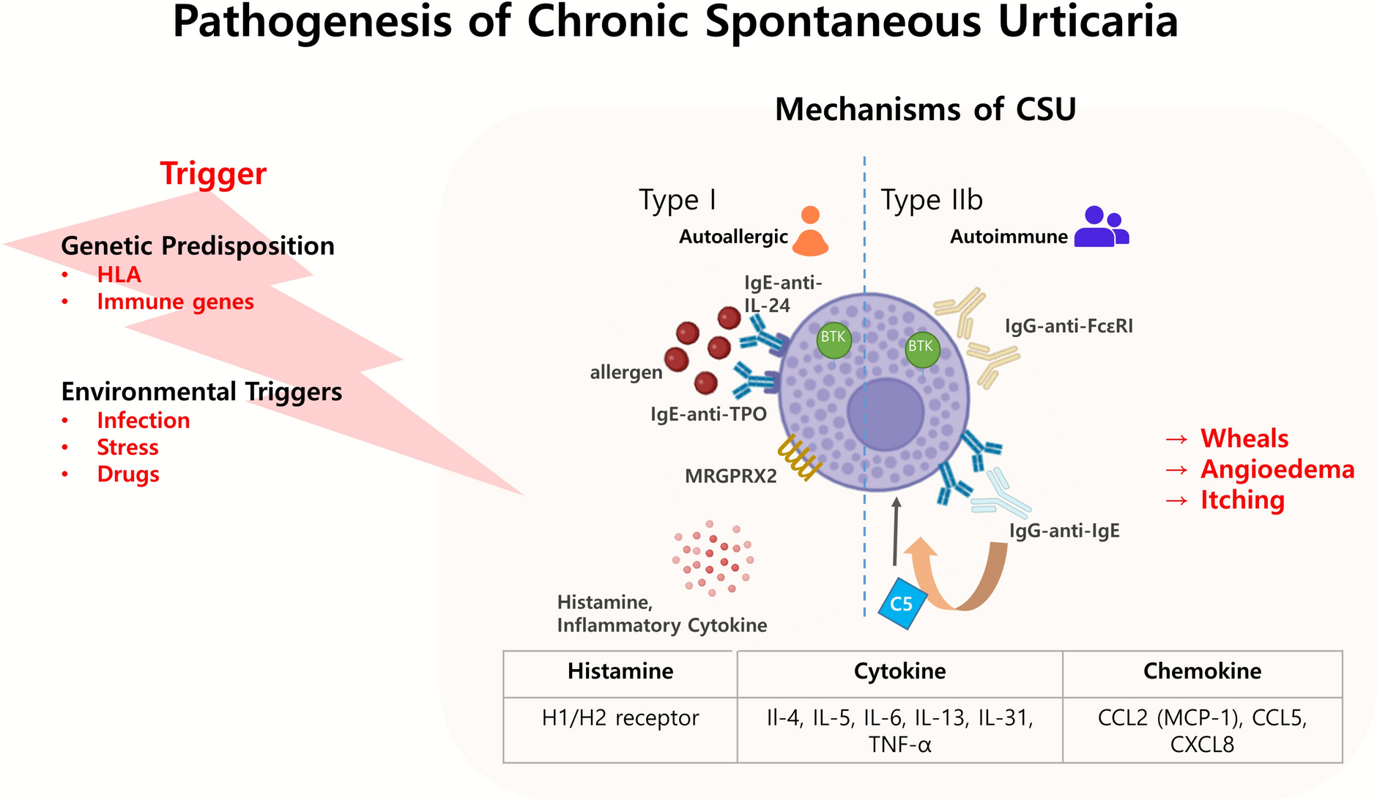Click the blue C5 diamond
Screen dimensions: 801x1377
[902, 603]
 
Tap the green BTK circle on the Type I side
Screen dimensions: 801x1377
[834, 340]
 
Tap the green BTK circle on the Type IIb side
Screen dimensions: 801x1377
[921, 349]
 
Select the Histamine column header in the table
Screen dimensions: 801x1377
[620, 672]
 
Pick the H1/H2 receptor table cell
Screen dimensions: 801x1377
[620, 718]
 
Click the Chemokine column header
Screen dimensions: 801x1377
[1202, 672]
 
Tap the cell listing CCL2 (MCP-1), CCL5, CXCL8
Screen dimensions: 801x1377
[1202, 731]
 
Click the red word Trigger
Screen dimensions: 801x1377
[213, 174]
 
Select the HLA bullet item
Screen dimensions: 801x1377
[119, 275]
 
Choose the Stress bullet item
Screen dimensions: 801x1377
[127, 447]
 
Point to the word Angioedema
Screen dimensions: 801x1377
[1277, 469]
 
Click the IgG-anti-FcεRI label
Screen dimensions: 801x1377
[1069, 326]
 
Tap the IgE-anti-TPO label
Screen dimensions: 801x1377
[708, 415]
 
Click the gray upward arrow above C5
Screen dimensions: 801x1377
[895, 531]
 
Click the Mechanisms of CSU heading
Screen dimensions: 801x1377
[925, 110]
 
